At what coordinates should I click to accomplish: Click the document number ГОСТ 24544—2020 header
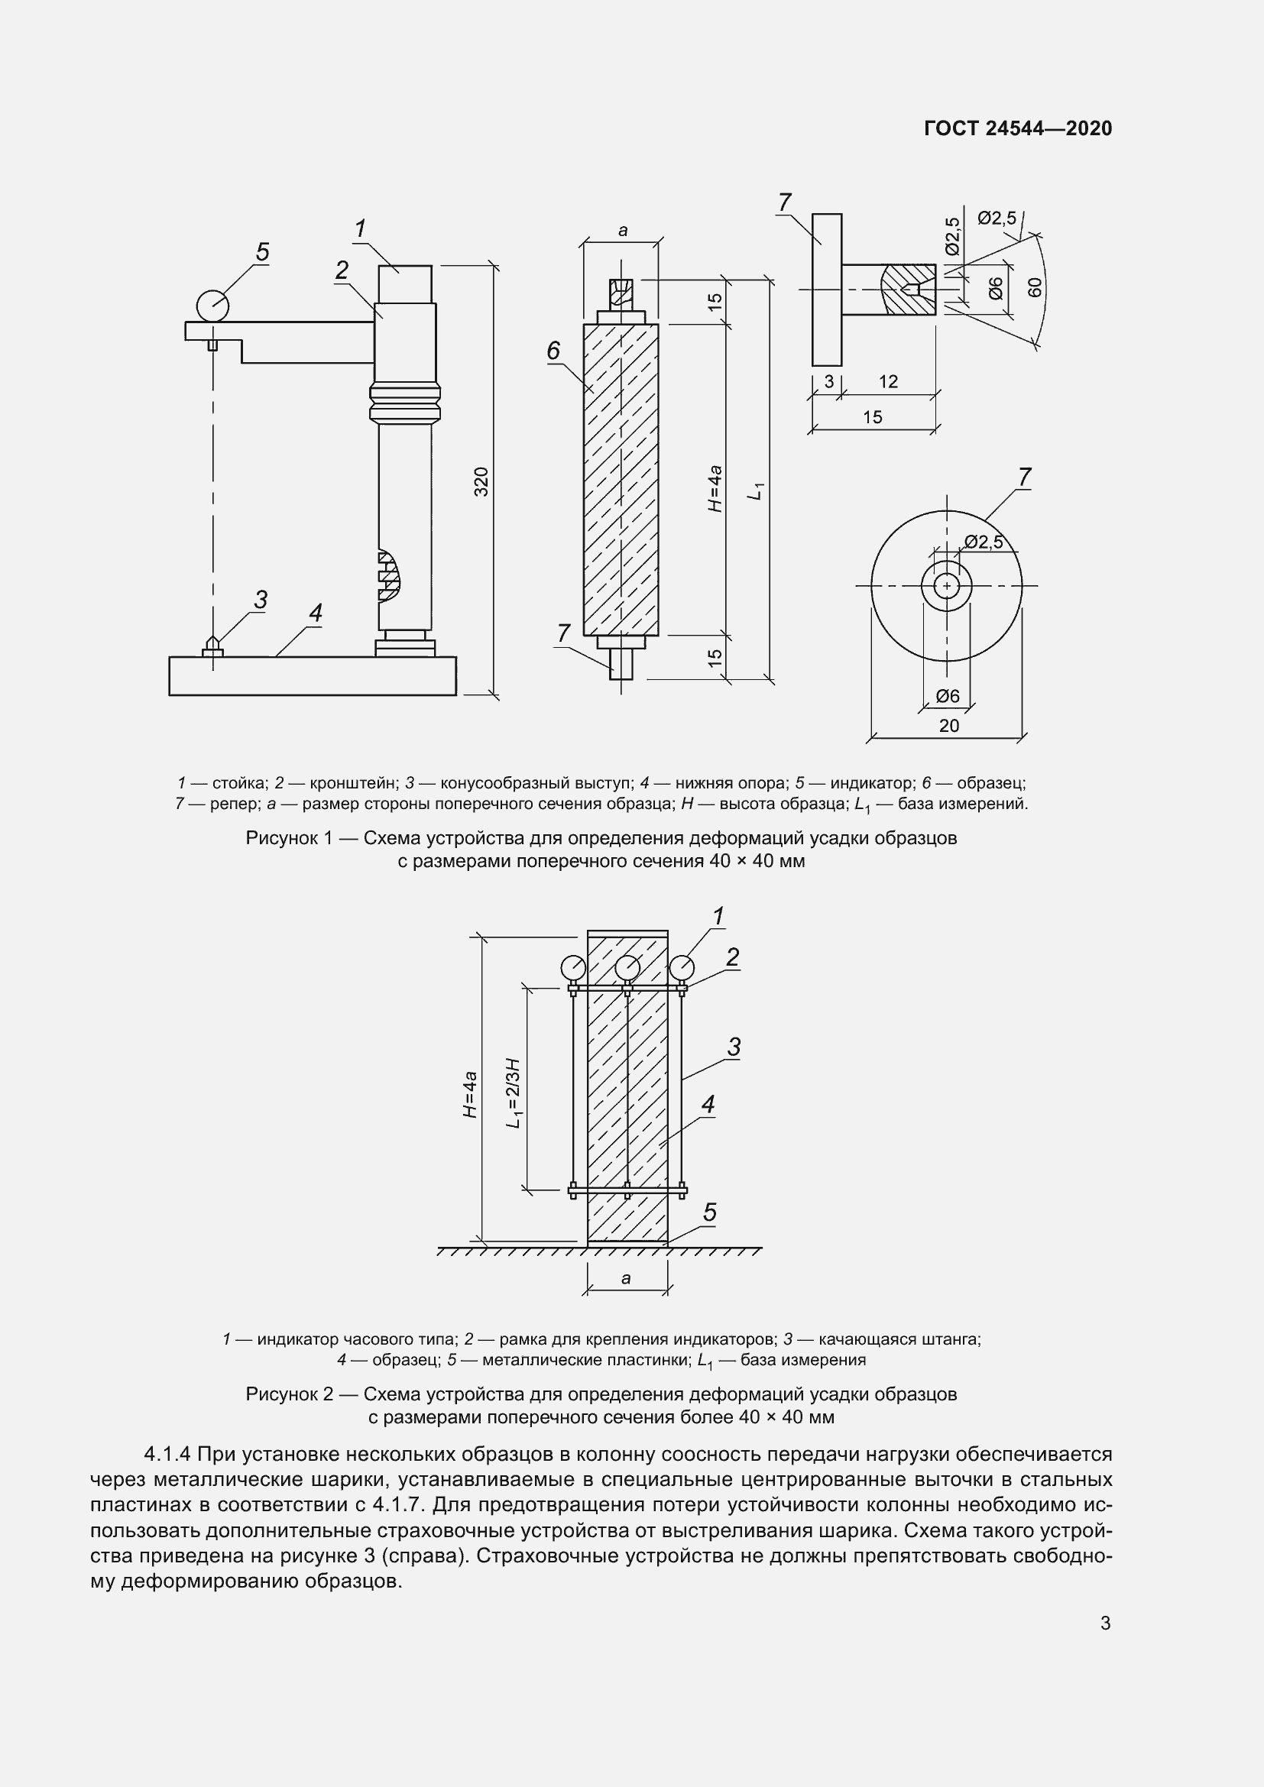pos(1017,128)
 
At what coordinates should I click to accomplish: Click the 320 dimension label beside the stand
pos(481,482)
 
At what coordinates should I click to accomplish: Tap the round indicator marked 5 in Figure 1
pos(212,304)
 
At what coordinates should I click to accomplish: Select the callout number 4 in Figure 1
pos(315,613)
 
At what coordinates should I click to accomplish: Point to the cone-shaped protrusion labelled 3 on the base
pos(212,645)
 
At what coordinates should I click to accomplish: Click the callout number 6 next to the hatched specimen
pos(553,351)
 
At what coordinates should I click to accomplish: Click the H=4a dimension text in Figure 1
pos(715,488)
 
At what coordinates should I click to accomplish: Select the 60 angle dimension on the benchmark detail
pos(1035,287)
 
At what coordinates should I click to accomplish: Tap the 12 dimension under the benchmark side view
pos(888,382)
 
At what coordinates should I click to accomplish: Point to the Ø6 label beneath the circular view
pos(947,697)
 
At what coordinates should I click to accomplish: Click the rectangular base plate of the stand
pos(312,675)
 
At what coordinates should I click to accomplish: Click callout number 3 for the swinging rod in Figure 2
pos(733,1047)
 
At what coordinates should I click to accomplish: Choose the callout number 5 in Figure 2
pos(710,1212)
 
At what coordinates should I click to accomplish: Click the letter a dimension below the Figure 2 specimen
pos(627,1279)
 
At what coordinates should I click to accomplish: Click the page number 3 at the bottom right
pos(1105,1624)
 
